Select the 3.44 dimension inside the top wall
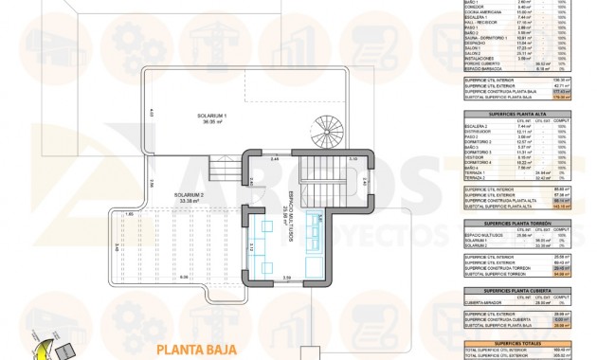274,158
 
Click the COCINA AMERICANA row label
483,10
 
